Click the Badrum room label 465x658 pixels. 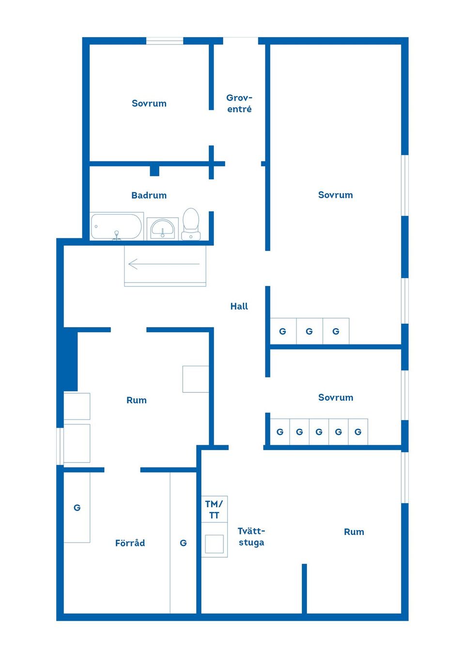[149, 195]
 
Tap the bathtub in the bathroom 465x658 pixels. [117, 226]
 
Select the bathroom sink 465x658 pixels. [163, 229]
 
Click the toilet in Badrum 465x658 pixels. [191, 224]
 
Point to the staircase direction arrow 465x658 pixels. [164, 264]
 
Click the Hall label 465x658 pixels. [239, 306]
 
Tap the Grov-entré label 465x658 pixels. [239, 103]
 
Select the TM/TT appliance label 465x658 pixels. [214, 510]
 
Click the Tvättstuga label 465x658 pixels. [251, 537]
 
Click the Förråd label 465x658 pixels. [130, 543]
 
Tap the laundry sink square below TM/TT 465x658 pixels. [214, 544]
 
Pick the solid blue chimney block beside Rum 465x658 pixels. [71, 359]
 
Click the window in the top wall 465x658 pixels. [165, 41]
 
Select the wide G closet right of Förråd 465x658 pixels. [183, 542]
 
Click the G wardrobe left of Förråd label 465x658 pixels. [77, 507]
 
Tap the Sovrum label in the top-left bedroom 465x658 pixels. [149, 103]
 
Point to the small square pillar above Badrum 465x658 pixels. [155, 171]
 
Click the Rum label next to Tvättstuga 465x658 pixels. [354, 532]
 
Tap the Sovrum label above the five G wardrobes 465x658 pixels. [336, 397]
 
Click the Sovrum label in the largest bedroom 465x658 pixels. [336, 195]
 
